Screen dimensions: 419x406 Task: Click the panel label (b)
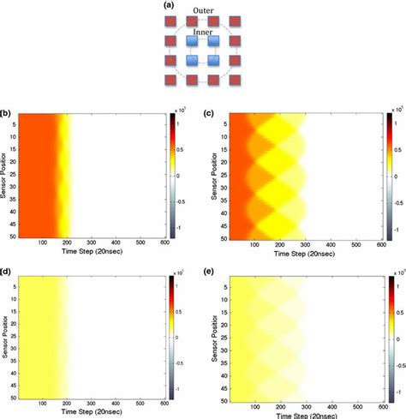[6, 112]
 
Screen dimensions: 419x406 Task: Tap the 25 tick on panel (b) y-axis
[16, 178]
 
